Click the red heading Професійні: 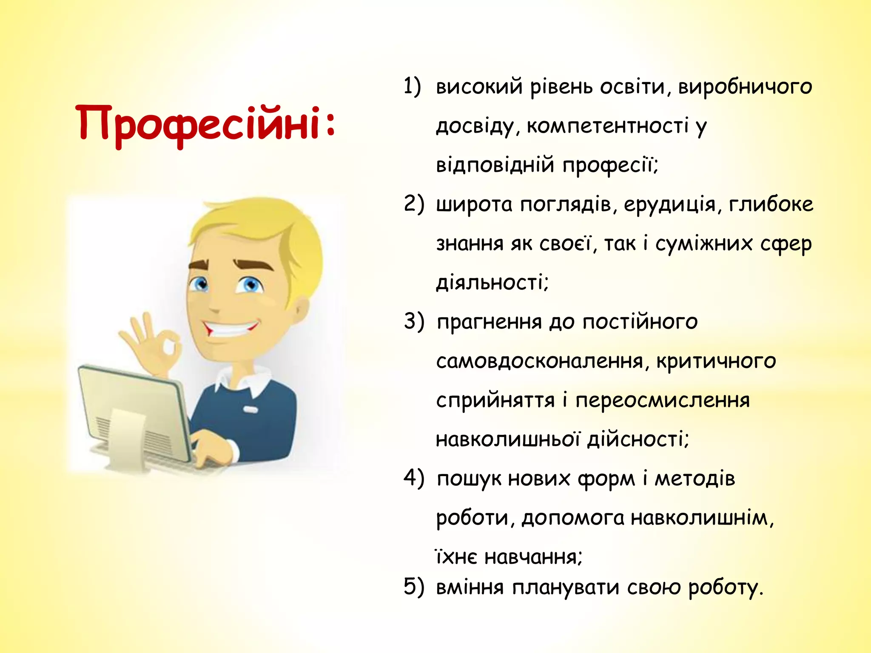[206, 124]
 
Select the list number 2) [413, 204]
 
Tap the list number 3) [413, 321]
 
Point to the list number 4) [413, 478]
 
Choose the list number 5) [413, 587]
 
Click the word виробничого [745, 87]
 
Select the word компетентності [607, 126]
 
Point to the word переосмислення [662, 401]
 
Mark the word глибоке [771, 204]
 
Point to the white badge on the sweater [250, 410]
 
